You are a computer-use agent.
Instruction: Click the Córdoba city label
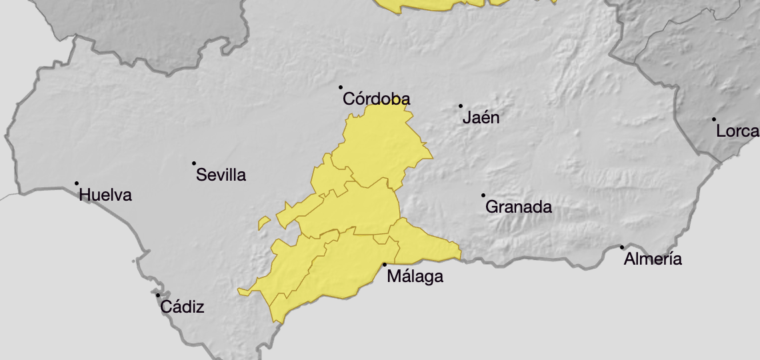click(x=376, y=99)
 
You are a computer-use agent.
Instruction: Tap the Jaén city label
click(x=481, y=118)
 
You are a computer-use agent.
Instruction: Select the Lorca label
click(x=737, y=131)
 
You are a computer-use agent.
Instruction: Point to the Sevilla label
click(x=221, y=175)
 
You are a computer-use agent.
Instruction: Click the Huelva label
click(x=105, y=195)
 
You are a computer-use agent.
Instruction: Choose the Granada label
click(x=519, y=207)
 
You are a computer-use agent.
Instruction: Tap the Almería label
click(x=653, y=259)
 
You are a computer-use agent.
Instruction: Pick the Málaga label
click(x=415, y=276)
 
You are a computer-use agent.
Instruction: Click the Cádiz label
click(x=182, y=307)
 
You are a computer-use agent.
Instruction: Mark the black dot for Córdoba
click(x=341, y=87)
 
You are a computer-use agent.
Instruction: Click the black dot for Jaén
click(x=461, y=106)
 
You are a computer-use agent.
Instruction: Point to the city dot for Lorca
click(x=714, y=119)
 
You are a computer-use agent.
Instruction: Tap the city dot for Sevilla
click(x=194, y=163)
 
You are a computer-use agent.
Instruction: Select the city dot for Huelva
click(x=77, y=183)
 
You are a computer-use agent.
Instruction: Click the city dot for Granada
click(x=483, y=195)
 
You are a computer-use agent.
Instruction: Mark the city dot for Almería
click(x=622, y=247)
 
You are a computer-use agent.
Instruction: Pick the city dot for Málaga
click(x=385, y=265)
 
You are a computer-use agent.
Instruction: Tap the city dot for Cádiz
click(x=158, y=295)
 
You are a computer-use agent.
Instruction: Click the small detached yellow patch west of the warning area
click(x=264, y=223)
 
